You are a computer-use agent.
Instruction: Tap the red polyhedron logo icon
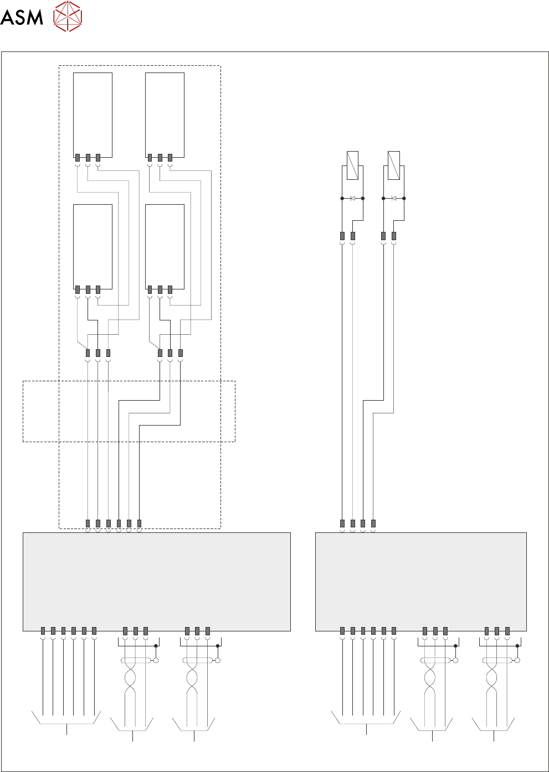[x=68, y=16]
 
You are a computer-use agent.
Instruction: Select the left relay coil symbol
[x=352, y=165]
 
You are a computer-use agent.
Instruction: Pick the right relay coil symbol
[x=394, y=165]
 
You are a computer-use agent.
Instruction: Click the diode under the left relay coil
[x=353, y=198]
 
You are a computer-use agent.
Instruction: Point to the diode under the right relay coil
[x=394, y=198]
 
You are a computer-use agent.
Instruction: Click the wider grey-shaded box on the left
[x=156, y=582]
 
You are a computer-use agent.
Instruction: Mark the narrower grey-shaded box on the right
[x=420, y=582]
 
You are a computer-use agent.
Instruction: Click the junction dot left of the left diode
[x=342, y=198]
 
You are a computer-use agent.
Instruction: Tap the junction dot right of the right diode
[x=404, y=198]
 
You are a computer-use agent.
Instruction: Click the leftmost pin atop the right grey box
[x=342, y=524]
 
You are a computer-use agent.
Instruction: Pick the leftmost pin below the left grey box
[x=43, y=631]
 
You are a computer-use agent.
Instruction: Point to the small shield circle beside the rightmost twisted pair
[x=517, y=660]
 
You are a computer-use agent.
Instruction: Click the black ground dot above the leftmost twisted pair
[x=156, y=646]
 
